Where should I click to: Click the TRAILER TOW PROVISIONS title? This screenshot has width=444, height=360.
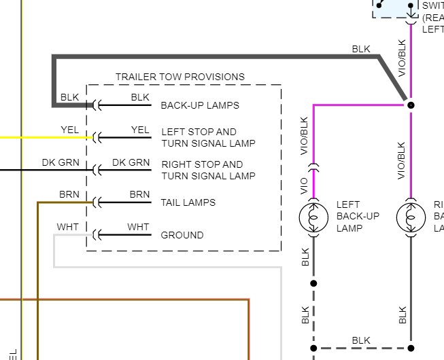[180, 77]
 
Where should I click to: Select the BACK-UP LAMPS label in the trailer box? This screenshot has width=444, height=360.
[200, 105]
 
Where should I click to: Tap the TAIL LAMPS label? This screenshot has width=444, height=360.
[188, 202]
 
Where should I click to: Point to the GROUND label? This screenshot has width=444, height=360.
[182, 235]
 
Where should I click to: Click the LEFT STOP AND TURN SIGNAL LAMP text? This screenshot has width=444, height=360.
[208, 137]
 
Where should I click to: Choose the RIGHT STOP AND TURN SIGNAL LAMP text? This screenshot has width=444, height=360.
[208, 170]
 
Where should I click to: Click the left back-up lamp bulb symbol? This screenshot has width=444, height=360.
[313, 217]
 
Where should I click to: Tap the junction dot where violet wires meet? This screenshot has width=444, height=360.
[411, 105]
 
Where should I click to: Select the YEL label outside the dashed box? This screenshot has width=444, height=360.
[69, 130]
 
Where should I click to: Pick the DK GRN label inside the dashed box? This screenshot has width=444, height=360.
[131, 162]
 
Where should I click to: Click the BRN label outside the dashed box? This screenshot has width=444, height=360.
[69, 194]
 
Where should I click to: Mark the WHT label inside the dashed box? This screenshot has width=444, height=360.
[138, 227]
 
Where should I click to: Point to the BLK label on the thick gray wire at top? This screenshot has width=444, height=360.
[361, 49]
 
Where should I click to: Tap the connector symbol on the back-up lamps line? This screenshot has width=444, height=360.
[97, 105]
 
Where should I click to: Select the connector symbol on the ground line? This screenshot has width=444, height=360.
[97, 235]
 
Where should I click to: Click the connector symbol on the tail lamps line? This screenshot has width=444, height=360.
[97, 202]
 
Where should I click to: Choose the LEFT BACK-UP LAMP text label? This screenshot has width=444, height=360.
[358, 216]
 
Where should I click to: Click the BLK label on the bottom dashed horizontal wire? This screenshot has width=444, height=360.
[361, 340]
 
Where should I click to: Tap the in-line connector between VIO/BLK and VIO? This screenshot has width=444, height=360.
[313, 166]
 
